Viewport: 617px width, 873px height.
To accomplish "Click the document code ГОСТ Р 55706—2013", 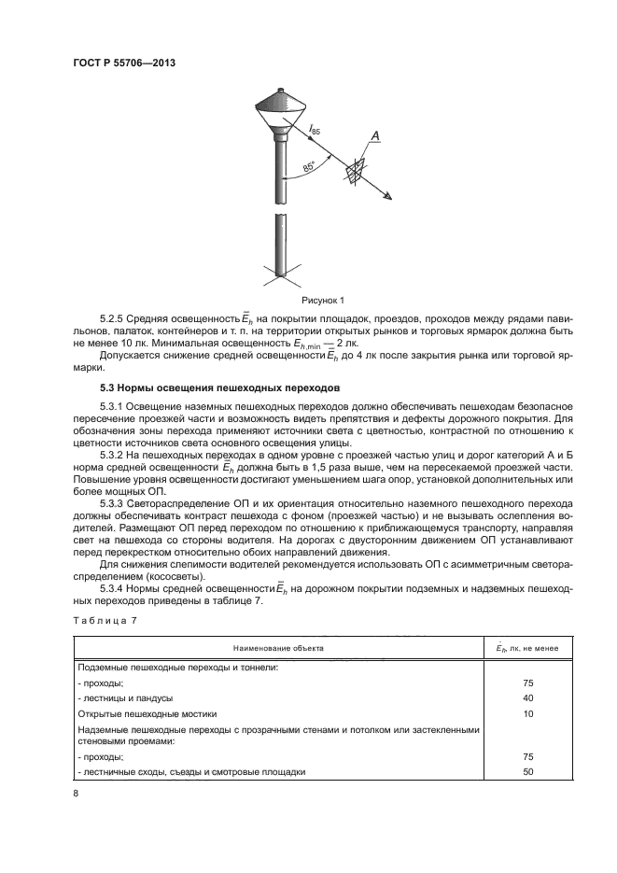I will pyautogui.click(x=124, y=63).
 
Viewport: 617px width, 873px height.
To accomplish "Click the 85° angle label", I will pyautogui.click(x=310, y=168).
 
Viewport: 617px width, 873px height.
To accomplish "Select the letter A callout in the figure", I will pyautogui.click(x=374, y=138).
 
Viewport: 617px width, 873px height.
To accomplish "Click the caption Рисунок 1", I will pyautogui.click(x=323, y=301).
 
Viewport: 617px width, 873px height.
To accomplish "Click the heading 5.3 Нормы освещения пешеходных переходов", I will pyautogui.click(x=220, y=386).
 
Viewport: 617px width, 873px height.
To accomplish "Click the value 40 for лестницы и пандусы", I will pyautogui.click(x=528, y=697).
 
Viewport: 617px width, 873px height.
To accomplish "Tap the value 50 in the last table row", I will pyautogui.click(x=528, y=772).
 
